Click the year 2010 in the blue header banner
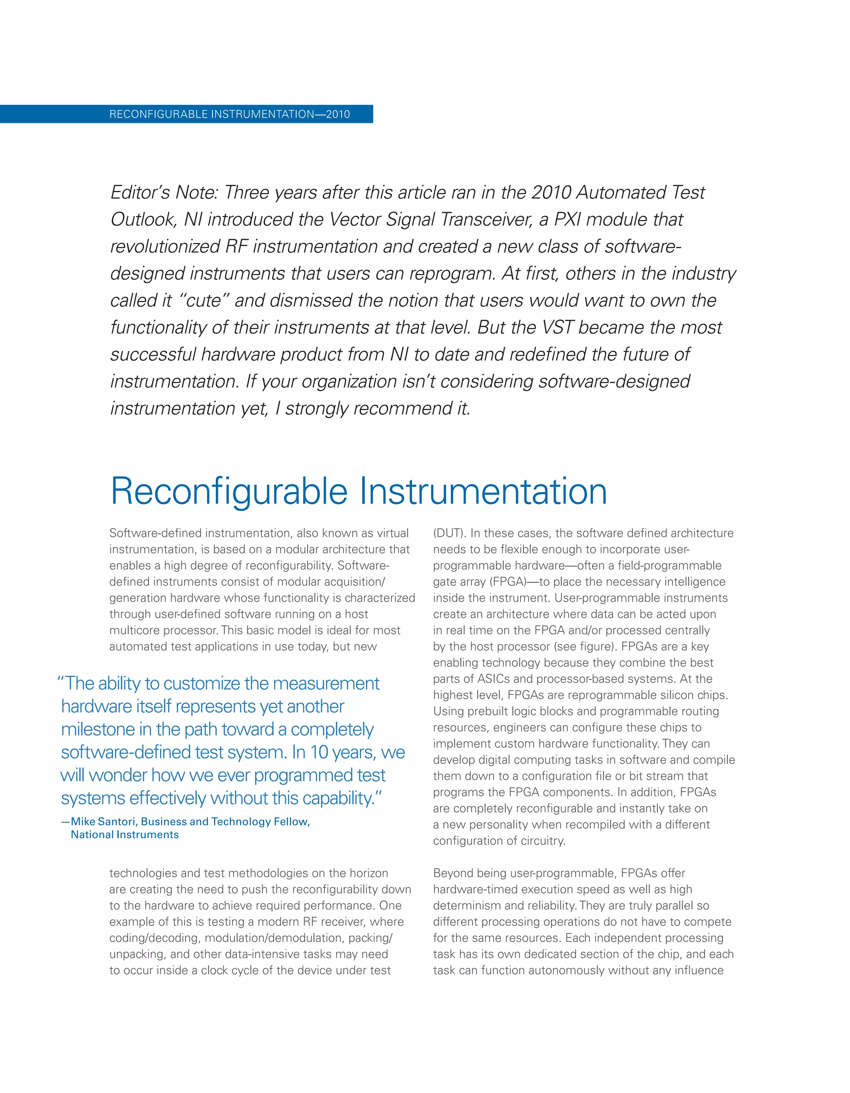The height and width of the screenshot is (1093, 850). (338, 114)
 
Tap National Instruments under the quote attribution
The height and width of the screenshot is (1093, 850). (125, 835)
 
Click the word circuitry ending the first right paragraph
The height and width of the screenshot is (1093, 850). (543, 841)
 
